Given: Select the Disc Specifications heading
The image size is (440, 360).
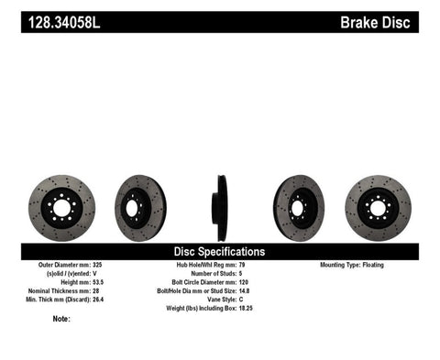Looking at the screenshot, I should pyautogui.click(x=219, y=251).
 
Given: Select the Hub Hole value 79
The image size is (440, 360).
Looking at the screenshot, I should pyautogui.click(x=241, y=265).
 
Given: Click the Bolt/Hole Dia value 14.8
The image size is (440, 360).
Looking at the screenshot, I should pyautogui.click(x=244, y=291).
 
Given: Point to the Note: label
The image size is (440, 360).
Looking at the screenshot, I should pyautogui.click(x=62, y=320).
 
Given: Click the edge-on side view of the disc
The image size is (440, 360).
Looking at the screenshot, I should pyautogui.click(x=220, y=208).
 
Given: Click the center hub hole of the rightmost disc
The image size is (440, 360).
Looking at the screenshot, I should pyautogui.click(x=379, y=208).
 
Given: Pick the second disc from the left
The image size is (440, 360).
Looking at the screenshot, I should pyautogui.click(x=139, y=208).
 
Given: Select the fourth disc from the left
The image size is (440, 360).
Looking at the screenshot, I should pyautogui.click(x=298, y=208).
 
